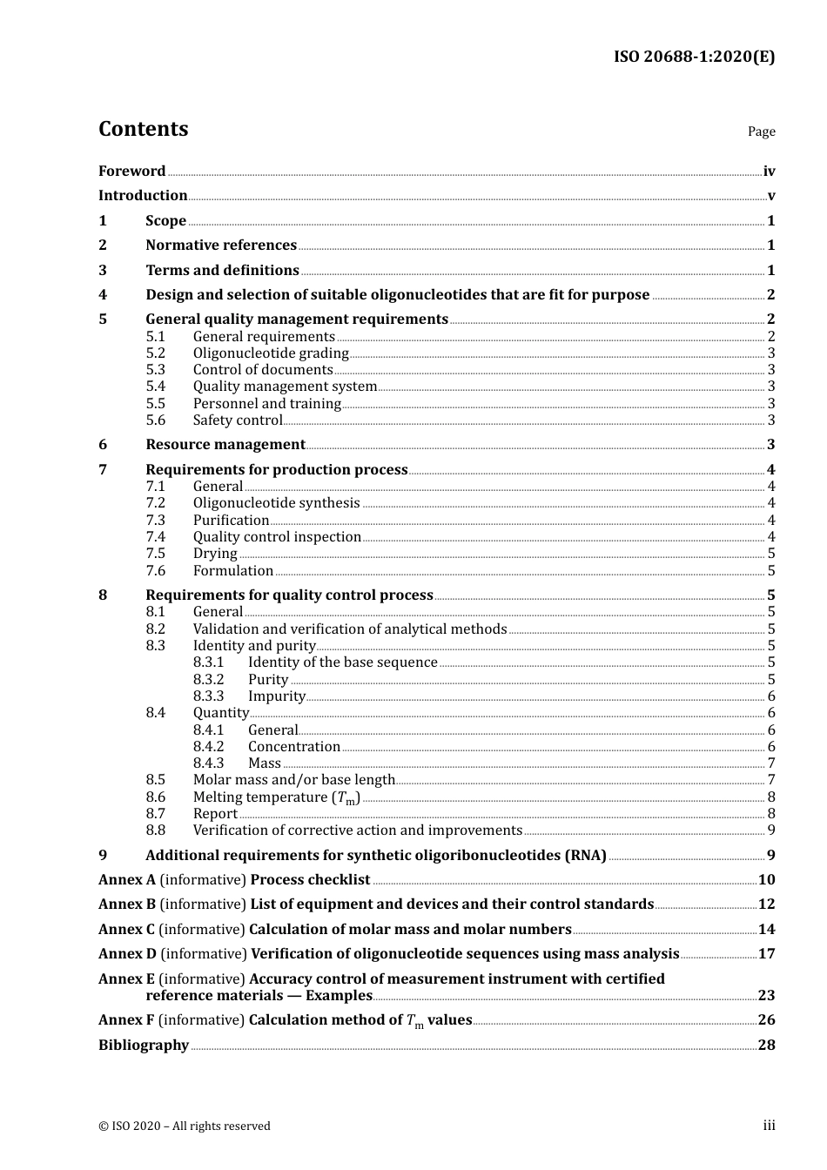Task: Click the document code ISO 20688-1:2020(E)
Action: pos(694,57)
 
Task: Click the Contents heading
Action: pos(143,129)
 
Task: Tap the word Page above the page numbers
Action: pos(761,131)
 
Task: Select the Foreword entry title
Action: pos(131,171)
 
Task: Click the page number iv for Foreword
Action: pos(769,171)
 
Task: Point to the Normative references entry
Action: pos(221,245)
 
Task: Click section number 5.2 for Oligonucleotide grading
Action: pos(155,353)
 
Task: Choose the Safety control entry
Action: pos(238,420)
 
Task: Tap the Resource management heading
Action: pos(225,445)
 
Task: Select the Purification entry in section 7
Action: pos(231,521)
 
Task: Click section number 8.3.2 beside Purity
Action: pos(208,680)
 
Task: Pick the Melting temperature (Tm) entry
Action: pos(276,797)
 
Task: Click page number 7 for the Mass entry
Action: pos(771,763)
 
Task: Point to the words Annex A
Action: pos(127,880)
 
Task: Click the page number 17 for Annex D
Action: pos(766,954)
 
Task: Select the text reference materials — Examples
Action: pos(259,996)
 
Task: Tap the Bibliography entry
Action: pos(144,1046)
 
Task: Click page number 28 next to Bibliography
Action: pos(766,1046)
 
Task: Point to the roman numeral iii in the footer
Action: pos(769,1126)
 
